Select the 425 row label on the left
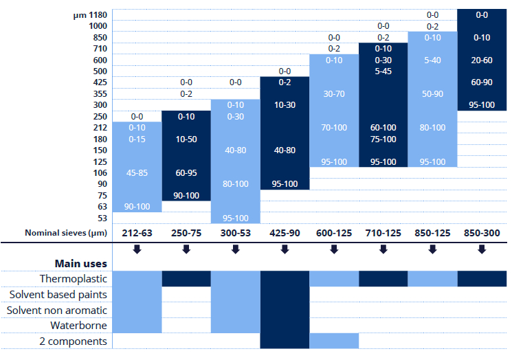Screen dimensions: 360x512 point(98,82)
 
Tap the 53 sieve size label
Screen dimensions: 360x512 point(102,218)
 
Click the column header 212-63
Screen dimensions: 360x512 point(137,233)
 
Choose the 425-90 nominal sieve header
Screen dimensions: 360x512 point(285,233)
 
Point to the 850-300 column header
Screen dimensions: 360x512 point(482,233)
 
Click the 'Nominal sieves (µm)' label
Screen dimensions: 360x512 point(63,233)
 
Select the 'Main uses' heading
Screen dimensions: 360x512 point(80,263)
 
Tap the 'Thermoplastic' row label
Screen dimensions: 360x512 point(72,279)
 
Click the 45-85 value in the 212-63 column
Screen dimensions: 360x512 point(137,173)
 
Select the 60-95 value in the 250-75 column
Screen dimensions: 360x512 point(186,173)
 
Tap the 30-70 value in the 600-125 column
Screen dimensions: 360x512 point(334,94)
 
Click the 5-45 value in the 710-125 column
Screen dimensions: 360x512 point(383,71)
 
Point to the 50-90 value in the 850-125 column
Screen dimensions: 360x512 point(433,94)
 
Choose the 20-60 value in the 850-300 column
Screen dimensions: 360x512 point(482,60)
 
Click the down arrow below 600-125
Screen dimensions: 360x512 point(334,249)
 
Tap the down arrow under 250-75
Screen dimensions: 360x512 point(186,249)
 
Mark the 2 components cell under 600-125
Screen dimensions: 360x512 point(334,341)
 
